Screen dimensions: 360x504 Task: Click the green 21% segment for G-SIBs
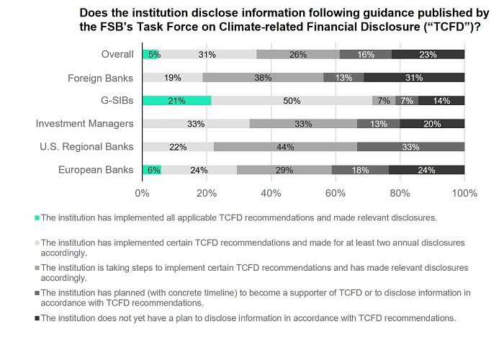(x=176, y=101)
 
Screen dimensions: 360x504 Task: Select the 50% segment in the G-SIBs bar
(x=292, y=101)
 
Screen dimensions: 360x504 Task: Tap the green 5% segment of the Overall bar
(x=150, y=55)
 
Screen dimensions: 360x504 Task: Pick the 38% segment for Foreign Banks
(x=264, y=78)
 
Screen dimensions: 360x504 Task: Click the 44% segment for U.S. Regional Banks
(x=285, y=147)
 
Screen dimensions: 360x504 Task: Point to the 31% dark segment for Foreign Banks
(x=414, y=78)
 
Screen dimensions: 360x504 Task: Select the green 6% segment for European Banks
(x=152, y=170)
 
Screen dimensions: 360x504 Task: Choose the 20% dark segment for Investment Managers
(x=432, y=124)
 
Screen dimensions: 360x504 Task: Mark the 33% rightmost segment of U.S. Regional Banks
(x=410, y=147)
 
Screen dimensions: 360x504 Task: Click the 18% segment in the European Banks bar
(x=359, y=170)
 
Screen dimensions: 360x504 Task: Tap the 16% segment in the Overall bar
(x=366, y=55)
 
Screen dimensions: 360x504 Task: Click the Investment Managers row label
(x=84, y=124)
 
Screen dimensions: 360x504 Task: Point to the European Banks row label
(x=98, y=170)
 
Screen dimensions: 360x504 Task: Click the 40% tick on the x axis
(x=271, y=193)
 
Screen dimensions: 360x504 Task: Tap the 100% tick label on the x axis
(x=464, y=193)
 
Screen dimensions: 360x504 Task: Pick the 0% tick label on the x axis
(x=143, y=193)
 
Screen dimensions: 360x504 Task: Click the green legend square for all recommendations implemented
(x=37, y=217)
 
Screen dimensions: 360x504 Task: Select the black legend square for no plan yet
(x=37, y=318)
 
